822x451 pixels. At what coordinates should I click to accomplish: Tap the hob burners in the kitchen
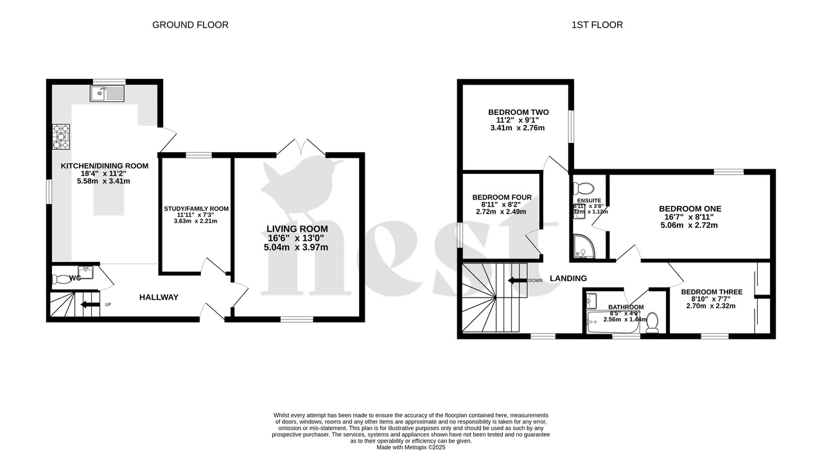pos(61,136)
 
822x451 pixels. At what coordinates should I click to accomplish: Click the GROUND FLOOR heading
pos(190,25)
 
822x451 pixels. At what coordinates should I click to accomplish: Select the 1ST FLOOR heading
pos(597,25)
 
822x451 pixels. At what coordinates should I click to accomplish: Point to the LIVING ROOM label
pos(297,229)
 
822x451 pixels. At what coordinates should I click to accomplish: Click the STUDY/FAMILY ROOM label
pos(196,208)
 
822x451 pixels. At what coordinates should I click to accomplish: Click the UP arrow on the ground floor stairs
pos(90,304)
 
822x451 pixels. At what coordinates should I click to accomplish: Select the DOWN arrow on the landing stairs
pos(516,280)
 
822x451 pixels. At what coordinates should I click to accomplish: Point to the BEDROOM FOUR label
pos(502,197)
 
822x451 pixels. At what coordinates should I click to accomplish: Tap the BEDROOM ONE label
pos(690,208)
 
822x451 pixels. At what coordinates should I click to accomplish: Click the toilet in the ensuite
pos(583,188)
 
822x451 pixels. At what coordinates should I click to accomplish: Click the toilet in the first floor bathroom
pos(652,322)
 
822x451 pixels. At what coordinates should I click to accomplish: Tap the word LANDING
pos(568,278)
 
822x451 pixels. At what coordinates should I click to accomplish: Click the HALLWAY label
pos(159,297)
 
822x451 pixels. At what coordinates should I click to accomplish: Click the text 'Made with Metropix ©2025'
pos(410,447)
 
